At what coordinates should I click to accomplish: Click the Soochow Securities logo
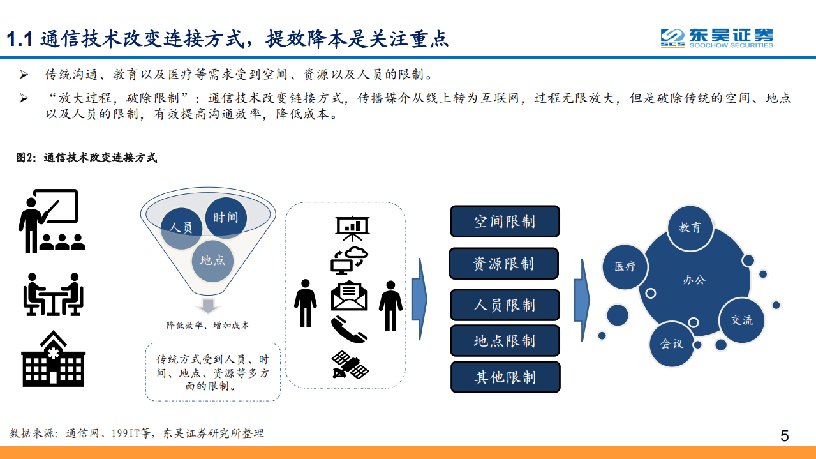click(716, 38)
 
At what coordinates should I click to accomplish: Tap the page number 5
click(784, 436)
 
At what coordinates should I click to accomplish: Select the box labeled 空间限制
click(505, 222)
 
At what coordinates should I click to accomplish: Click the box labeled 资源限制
click(503, 264)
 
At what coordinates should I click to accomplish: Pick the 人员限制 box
click(505, 305)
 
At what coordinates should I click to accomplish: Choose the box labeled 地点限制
click(505, 341)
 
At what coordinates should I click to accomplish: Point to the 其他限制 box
click(505, 377)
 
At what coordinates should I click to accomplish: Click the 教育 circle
click(690, 227)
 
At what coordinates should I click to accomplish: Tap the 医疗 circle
click(625, 266)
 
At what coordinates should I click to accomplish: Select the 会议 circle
click(672, 343)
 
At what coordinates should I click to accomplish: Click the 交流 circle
click(742, 320)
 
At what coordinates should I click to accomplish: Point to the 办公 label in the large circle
click(695, 280)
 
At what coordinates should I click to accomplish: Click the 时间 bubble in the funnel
click(226, 218)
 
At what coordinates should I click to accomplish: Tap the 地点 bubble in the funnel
click(212, 260)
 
